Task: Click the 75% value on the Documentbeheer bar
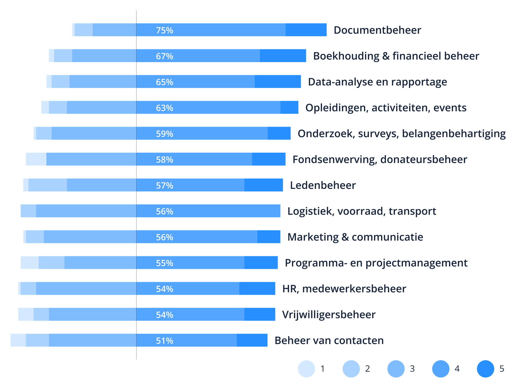[x=164, y=30]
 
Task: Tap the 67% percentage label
[x=164, y=56]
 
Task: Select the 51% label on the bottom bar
[x=164, y=340]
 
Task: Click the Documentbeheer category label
[x=377, y=30]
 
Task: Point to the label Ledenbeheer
[x=323, y=185]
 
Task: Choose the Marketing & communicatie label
[x=355, y=237]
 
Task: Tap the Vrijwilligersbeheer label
[x=329, y=315]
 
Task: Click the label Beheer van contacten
[x=329, y=340]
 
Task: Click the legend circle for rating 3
[x=396, y=369]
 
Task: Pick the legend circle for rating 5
[x=485, y=369]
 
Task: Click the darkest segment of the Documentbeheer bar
[x=306, y=30]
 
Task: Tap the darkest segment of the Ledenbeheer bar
[x=263, y=185]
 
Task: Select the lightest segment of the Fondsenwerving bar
[x=36, y=159]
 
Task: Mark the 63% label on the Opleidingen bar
[x=164, y=108]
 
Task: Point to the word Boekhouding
[x=346, y=56]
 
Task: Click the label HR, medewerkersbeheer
[x=344, y=289]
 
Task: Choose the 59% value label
[x=164, y=134]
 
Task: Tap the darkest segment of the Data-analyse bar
[x=278, y=82]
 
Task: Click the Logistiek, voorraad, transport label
[x=361, y=211]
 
